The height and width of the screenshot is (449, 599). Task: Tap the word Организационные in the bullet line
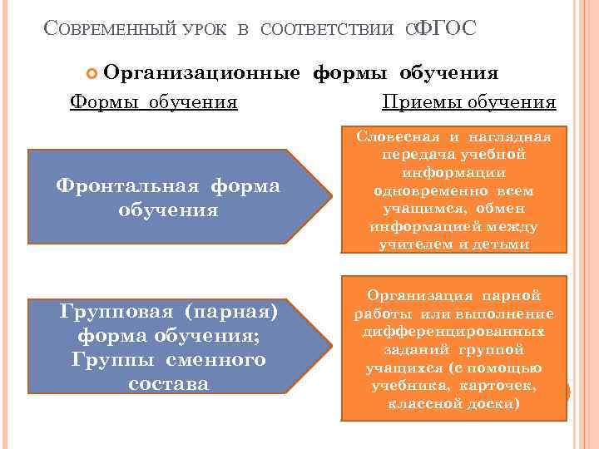[203, 72]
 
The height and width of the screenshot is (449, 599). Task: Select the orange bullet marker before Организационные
[92, 74]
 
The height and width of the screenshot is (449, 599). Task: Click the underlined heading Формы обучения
[154, 102]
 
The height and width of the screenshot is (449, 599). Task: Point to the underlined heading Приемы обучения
[468, 102]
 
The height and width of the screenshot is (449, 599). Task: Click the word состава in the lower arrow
[168, 384]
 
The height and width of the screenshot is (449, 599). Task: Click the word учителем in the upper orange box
[413, 244]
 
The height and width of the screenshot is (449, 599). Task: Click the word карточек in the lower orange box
[505, 386]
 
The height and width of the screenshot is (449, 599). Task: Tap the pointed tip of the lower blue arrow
[325, 343]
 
